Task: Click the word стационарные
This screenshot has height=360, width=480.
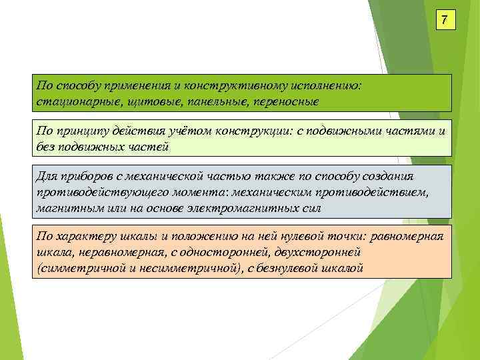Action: tap(73, 101)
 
